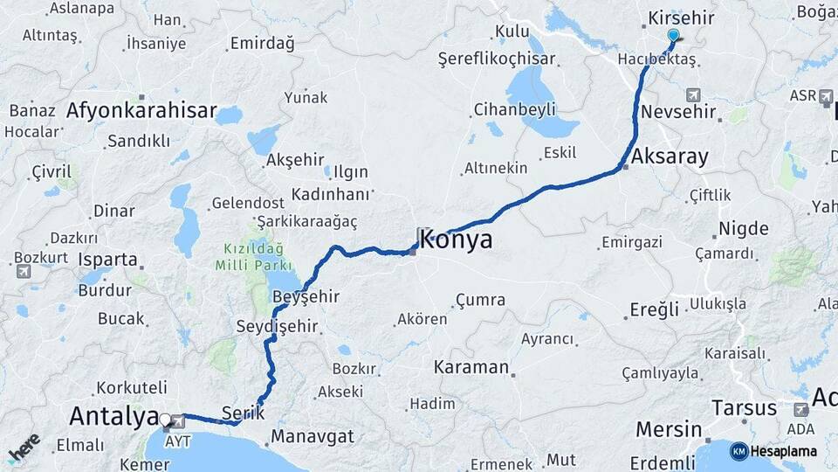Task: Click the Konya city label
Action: point(456,239)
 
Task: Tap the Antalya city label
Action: point(113,416)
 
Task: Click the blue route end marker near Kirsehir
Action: point(673,35)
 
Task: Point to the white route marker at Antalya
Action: point(164,419)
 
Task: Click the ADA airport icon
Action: point(800,410)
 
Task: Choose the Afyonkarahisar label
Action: point(141,111)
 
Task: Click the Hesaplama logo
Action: point(773,451)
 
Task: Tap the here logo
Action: point(24,448)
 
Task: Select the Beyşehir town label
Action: point(306,297)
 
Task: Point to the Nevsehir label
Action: point(678,113)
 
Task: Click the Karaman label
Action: point(471,366)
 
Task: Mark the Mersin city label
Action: point(669,429)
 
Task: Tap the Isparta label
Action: point(108,260)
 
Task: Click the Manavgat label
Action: point(313,435)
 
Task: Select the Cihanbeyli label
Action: point(514,110)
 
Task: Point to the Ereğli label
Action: point(656,310)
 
